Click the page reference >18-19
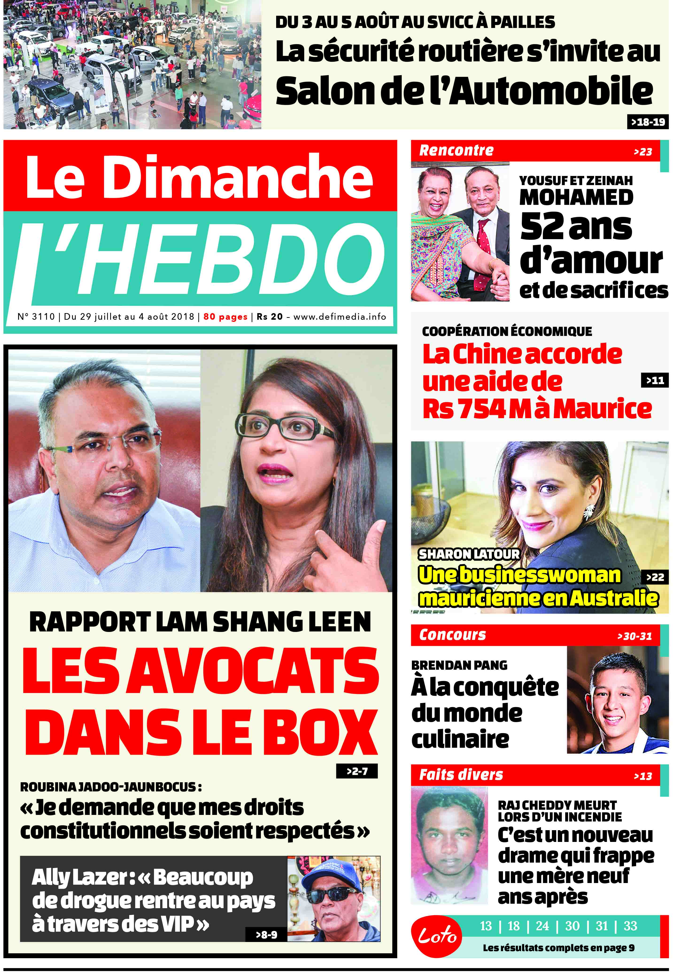(647, 122)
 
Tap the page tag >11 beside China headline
(654, 380)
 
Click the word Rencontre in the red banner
(456, 151)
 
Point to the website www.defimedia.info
(339, 317)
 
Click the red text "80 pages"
(225, 317)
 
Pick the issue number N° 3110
(36, 317)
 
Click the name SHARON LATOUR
(468, 554)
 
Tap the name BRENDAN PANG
(459, 665)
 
